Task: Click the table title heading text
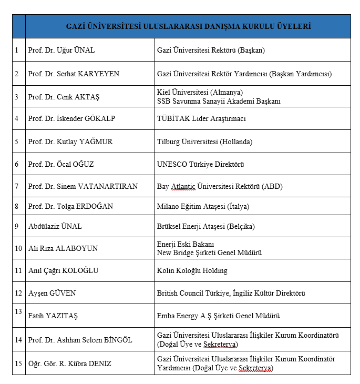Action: click(188, 26)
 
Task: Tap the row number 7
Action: click(16, 187)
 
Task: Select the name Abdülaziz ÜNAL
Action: click(55, 227)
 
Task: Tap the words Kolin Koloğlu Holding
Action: click(192, 271)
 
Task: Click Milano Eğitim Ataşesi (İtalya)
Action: click(203, 206)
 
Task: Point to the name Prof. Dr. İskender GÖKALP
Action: click(71, 119)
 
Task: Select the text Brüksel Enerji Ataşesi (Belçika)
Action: click(205, 227)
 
